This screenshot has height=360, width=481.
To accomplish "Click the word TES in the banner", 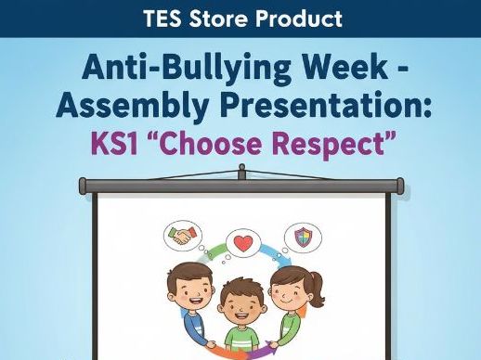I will (x=164, y=19).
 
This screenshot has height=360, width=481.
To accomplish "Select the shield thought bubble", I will (x=303, y=236).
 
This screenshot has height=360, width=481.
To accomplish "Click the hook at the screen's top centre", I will (x=241, y=170).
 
